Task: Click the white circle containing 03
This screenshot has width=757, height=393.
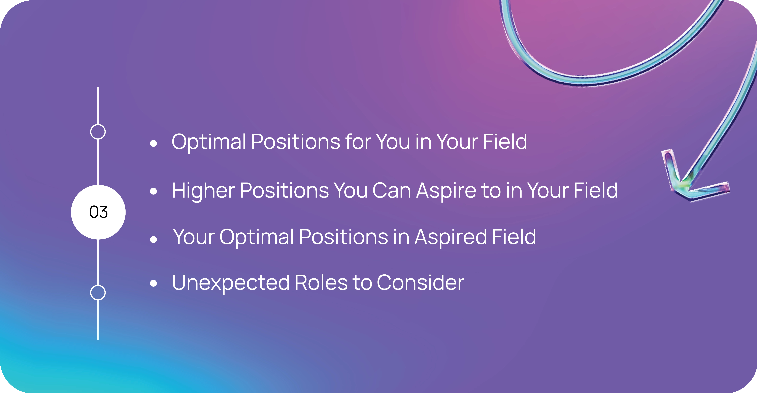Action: [x=98, y=212]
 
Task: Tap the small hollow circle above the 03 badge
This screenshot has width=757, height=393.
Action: [x=98, y=125]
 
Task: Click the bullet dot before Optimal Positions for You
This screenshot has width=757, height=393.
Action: [x=153, y=143]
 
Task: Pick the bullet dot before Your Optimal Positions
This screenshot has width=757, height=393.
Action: [x=153, y=240]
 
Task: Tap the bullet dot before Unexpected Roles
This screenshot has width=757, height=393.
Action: [x=153, y=283]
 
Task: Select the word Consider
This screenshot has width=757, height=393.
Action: [x=420, y=283]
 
